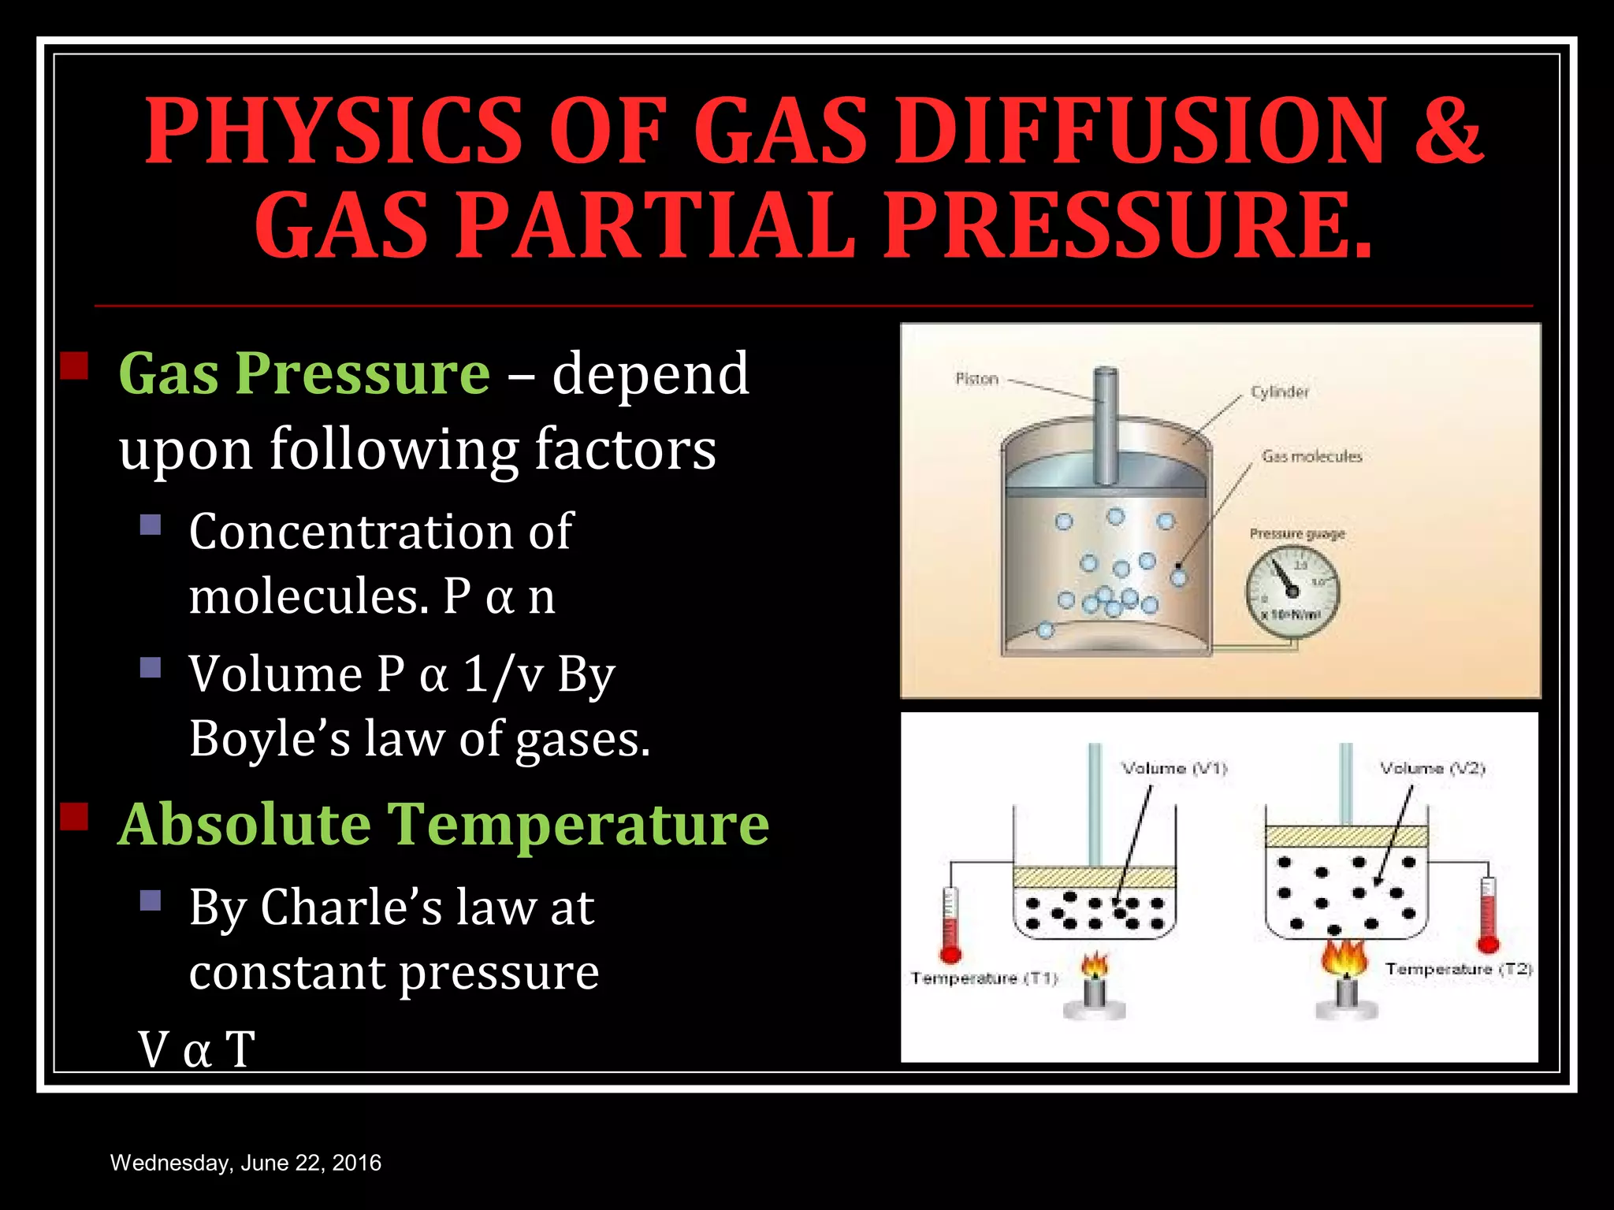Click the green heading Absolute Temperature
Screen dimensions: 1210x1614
pos(443,824)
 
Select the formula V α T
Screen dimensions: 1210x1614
pos(197,1049)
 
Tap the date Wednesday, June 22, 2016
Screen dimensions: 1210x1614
pos(246,1163)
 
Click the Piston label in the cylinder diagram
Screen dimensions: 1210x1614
pos(976,379)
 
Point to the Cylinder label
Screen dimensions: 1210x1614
pos(1279,392)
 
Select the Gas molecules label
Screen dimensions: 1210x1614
pos(1311,456)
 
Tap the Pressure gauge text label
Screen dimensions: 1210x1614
pos(1296,534)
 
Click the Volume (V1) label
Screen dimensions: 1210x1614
pos(1174,768)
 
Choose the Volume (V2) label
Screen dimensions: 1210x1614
pos(1432,768)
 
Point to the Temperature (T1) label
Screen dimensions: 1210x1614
pos(984,978)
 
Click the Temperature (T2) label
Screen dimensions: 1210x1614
pos(1458,969)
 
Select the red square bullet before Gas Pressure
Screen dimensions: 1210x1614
pos(74,366)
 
